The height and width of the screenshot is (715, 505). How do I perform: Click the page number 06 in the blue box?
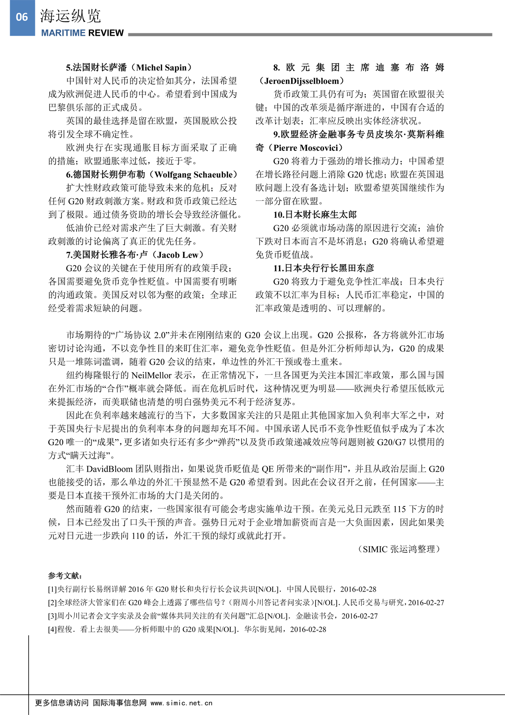click(22, 17)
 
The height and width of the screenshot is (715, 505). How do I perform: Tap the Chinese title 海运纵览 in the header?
click(70, 16)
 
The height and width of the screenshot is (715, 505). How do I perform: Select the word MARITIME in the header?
click(62, 33)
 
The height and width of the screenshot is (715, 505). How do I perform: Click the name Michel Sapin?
click(161, 67)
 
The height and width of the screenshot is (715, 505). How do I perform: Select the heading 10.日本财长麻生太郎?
click(315, 215)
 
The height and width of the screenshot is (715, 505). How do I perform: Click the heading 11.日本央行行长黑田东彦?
click(324, 268)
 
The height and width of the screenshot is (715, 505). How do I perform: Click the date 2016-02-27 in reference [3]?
click(359, 616)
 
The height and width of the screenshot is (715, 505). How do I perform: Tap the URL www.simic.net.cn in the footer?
click(181, 703)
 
